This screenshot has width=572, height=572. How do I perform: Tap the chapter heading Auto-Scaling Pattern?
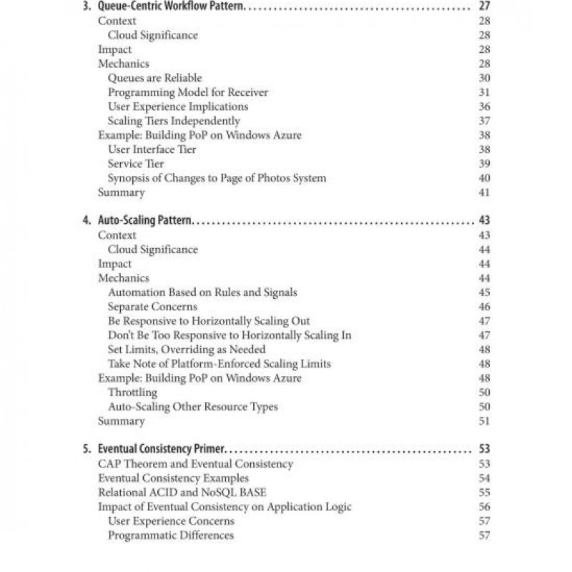[x=145, y=221]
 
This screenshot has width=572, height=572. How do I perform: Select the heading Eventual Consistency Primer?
[x=161, y=450]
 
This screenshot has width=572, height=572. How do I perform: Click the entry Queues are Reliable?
[x=154, y=78]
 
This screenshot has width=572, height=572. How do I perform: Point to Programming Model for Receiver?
[x=188, y=92]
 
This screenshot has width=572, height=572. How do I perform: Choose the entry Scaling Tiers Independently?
[x=174, y=121]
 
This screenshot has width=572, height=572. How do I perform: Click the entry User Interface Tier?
[x=152, y=149]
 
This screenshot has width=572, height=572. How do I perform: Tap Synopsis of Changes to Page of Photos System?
[x=217, y=178]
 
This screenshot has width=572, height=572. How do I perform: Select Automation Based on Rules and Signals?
[x=202, y=292]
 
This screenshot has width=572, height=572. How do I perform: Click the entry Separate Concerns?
[x=152, y=307]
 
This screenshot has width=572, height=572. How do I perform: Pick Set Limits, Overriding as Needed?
[x=187, y=350]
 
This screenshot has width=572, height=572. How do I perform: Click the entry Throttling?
[x=132, y=393]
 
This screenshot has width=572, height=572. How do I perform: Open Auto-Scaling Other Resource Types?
[x=192, y=407]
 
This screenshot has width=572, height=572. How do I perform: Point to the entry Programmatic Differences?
[x=170, y=536]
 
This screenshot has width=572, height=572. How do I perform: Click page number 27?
[x=484, y=6]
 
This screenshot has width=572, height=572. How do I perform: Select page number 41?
[x=484, y=192]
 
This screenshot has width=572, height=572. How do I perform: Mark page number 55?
[x=484, y=493]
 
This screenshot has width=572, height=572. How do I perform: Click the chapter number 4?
[x=87, y=221]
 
